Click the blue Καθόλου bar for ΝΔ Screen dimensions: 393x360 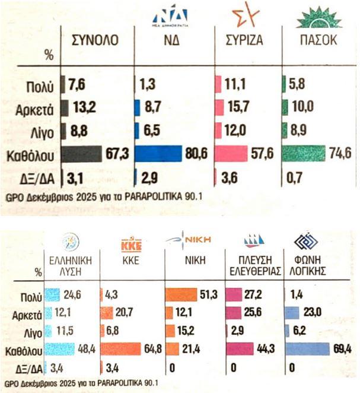158,153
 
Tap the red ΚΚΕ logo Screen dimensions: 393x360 131,244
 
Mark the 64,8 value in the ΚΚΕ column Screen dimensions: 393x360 153,348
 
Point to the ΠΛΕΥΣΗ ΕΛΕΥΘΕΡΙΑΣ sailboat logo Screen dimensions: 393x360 254,240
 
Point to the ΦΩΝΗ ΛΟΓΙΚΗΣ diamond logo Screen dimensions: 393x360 306,242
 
